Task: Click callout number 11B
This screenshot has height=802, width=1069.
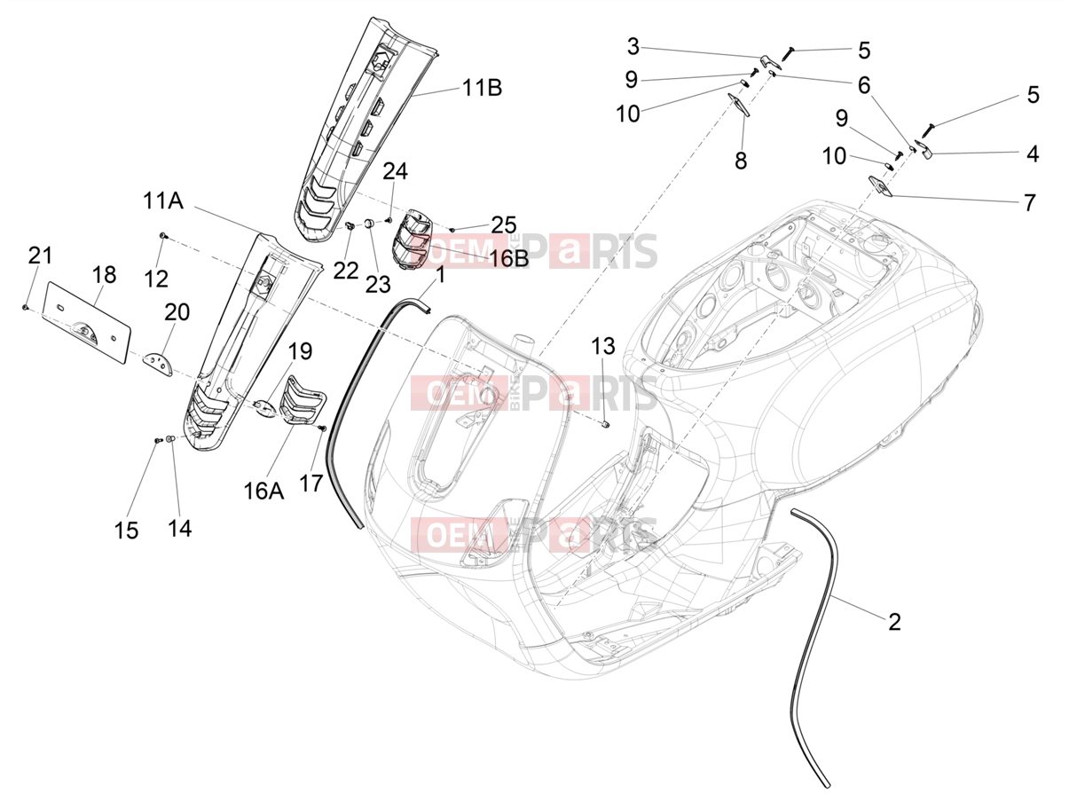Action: point(482,88)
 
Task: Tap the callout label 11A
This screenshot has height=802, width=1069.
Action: point(163,200)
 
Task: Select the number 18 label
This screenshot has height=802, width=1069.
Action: point(103,275)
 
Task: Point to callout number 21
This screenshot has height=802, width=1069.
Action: point(40,256)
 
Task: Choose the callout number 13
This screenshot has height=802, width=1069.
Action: point(603,346)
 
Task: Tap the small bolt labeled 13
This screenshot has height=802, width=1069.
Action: point(606,425)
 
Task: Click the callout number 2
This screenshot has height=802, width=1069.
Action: point(894,622)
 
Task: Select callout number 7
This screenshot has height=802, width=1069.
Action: point(1030,202)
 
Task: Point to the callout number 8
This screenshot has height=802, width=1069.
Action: point(741,161)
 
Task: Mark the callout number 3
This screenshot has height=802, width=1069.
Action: point(633,47)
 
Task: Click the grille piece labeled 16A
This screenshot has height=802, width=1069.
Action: point(303,400)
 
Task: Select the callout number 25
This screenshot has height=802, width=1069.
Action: point(504,225)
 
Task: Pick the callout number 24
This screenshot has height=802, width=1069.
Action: point(395,171)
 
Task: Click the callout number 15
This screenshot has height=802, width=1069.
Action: point(127,531)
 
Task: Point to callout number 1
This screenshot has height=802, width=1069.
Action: point(440,275)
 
